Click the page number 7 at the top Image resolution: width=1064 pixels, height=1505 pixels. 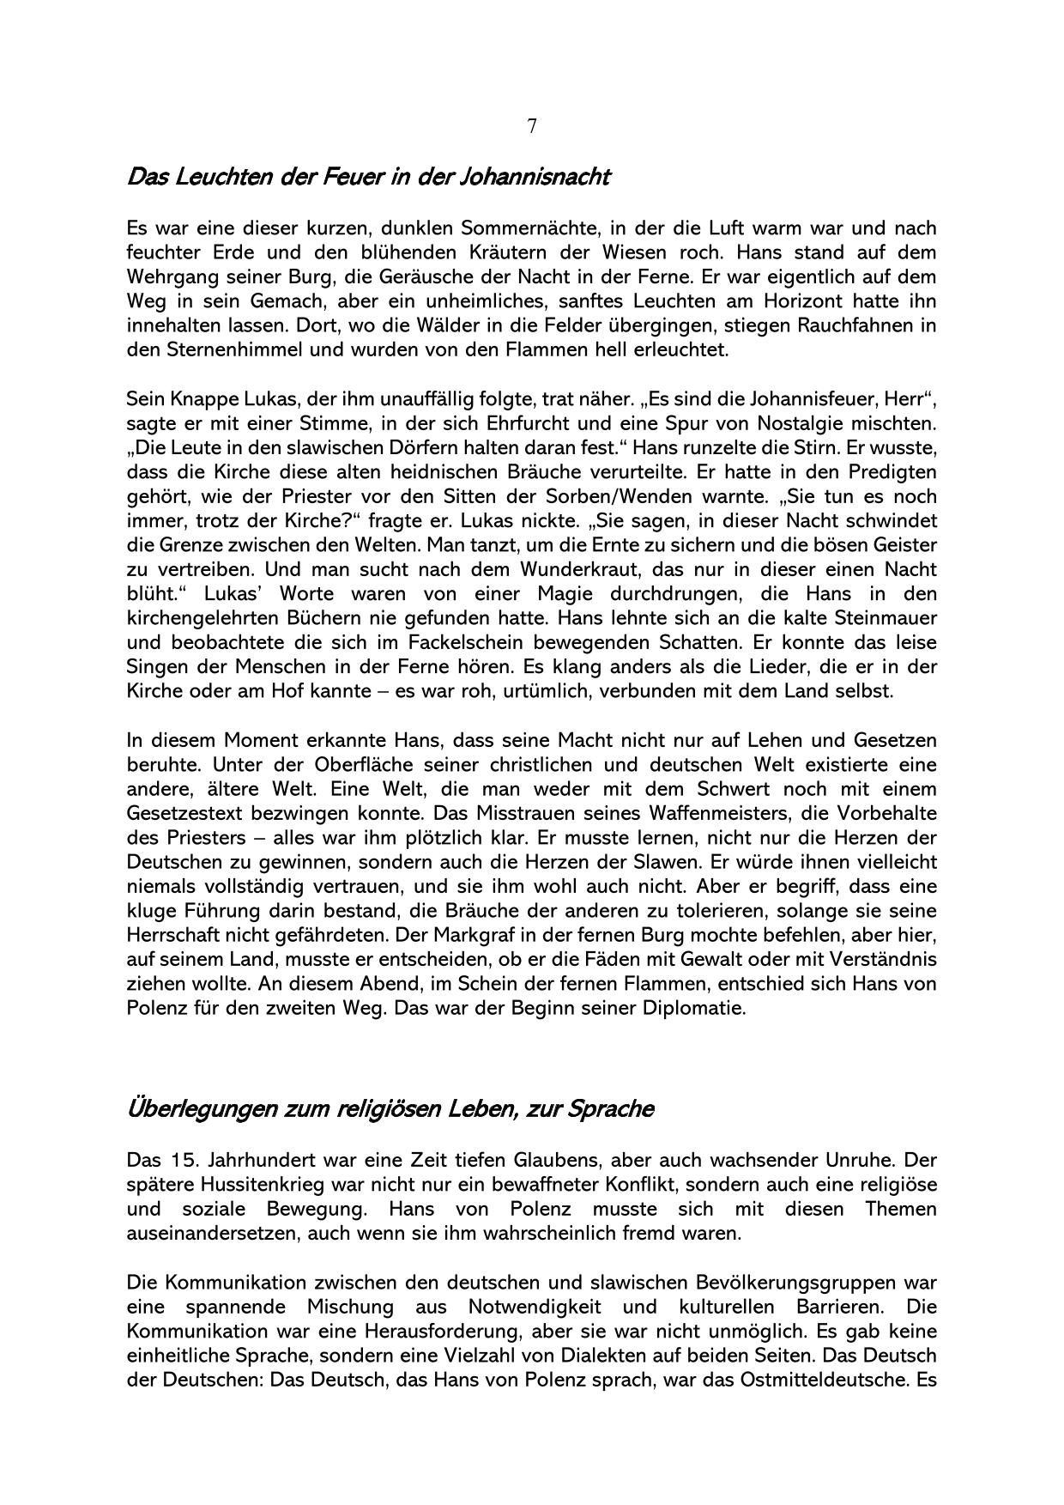[532, 126]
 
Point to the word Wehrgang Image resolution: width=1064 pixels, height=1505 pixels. [168, 277]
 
